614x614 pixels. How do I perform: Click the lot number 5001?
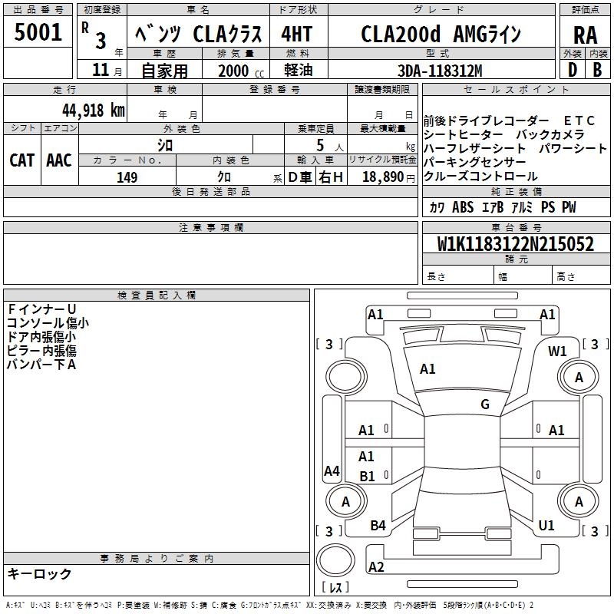pos(38,33)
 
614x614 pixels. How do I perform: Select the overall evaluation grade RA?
pos(585,35)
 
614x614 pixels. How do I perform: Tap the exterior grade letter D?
pos(572,70)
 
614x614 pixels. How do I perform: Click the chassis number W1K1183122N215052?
pos(515,244)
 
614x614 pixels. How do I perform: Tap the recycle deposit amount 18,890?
pos(382,177)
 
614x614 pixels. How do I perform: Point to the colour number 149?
pos(127,177)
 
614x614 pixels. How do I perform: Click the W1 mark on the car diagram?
pos(557,351)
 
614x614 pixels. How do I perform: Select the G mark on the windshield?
pos(485,404)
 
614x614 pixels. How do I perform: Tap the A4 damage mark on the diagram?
pos(332,471)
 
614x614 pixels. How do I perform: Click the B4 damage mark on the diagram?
pos(378,525)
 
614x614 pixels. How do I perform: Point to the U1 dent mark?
pos(546,525)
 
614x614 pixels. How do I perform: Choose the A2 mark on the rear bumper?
pos(376,566)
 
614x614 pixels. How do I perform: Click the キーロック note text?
pos(40,573)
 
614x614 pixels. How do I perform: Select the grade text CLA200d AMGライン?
pos(441,35)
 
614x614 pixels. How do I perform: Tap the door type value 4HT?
pos(297,35)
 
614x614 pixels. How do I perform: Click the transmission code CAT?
pos(21,160)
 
